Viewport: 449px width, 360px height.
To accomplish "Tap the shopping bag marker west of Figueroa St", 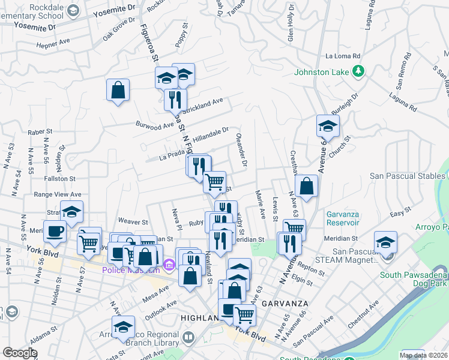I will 118,91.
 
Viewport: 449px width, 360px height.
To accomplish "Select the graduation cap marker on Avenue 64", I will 328,126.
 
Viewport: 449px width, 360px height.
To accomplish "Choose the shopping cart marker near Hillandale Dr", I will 214,181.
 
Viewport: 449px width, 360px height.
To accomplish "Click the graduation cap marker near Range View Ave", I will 71,212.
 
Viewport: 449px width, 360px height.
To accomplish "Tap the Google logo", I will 20,353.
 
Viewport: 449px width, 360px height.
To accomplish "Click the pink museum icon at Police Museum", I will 169,264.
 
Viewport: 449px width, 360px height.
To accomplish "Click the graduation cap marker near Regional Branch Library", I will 123,328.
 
